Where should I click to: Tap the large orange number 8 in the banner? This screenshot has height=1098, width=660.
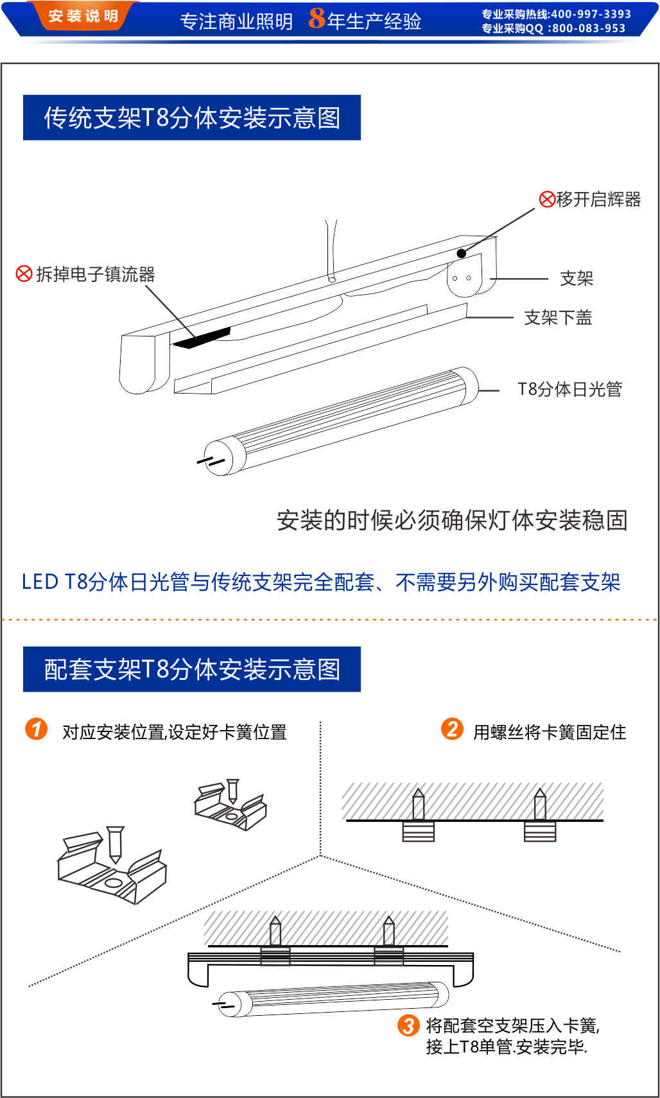click(317, 19)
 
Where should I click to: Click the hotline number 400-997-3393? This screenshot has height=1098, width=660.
click(591, 13)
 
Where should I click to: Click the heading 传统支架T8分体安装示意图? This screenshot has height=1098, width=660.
click(192, 118)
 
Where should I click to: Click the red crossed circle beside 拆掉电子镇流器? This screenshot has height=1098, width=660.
click(24, 274)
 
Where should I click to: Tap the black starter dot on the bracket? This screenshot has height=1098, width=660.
click(461, 253)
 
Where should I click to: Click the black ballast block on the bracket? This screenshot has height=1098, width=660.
click(202, 338)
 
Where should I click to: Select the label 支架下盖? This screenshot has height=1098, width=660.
click(558, 318)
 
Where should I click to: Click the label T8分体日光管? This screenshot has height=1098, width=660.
click(570, 389)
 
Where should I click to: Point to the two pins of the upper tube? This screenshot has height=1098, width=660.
click(211, 461)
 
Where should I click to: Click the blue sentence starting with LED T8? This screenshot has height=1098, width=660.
click(322, 582)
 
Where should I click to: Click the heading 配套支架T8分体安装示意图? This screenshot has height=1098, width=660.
click(192, 670)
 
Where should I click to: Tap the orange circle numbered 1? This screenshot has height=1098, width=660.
click(36, 729)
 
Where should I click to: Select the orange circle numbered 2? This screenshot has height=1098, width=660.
click(452, 729)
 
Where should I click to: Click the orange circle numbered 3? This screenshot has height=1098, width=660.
click(408, 1025)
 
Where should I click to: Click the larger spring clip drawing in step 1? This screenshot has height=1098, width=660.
click(112, 865)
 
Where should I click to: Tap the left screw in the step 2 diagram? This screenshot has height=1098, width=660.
click(419, 814)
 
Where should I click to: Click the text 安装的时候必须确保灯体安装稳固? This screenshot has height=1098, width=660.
click(452, 521)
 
